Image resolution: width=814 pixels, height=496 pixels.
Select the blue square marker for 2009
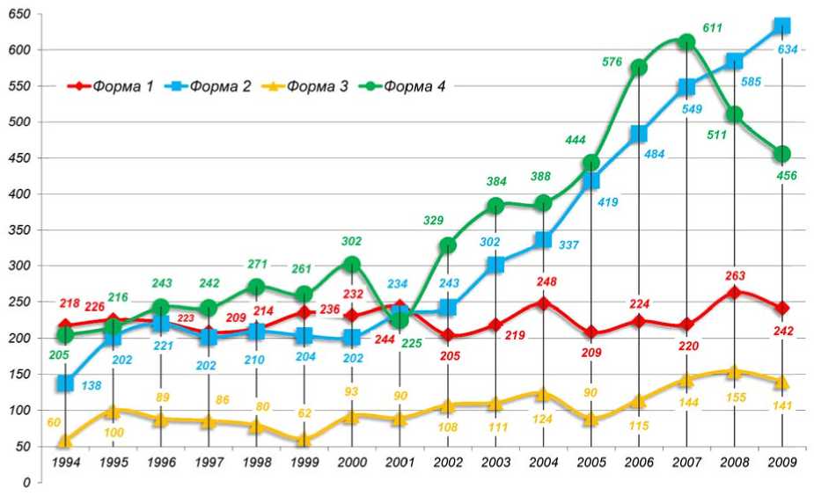(x=781, y=26)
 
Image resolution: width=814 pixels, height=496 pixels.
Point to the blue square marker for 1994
(x=64, y=383)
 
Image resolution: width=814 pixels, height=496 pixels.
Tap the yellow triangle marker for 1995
(x=112, y=411)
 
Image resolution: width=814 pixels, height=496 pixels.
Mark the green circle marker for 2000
(x=351, y=265)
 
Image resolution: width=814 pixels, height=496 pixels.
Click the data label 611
(x=713, y=28)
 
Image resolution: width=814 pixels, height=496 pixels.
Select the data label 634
(x=788, y=50)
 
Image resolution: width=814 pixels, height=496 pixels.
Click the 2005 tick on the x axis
(x=590, y=461)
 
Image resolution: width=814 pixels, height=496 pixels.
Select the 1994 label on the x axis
(x=64, y=461)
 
